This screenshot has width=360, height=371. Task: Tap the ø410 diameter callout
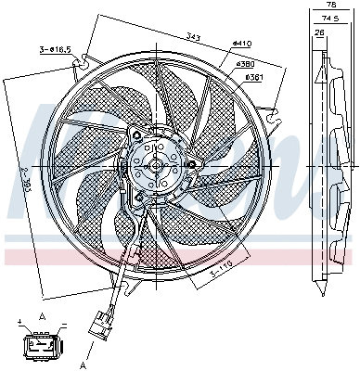click(241, 43)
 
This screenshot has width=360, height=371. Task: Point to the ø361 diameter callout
click(250, 76)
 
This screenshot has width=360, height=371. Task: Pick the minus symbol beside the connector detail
click(64, 325)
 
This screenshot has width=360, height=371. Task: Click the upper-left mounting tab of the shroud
click(85, 60)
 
